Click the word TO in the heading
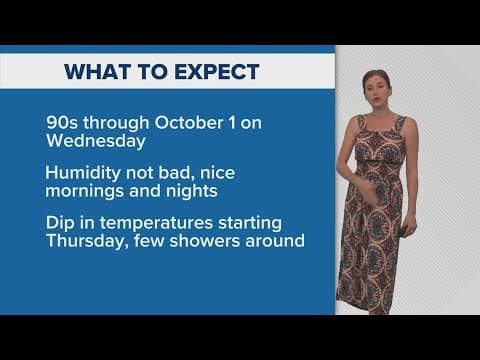click(x=145, y=71)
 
